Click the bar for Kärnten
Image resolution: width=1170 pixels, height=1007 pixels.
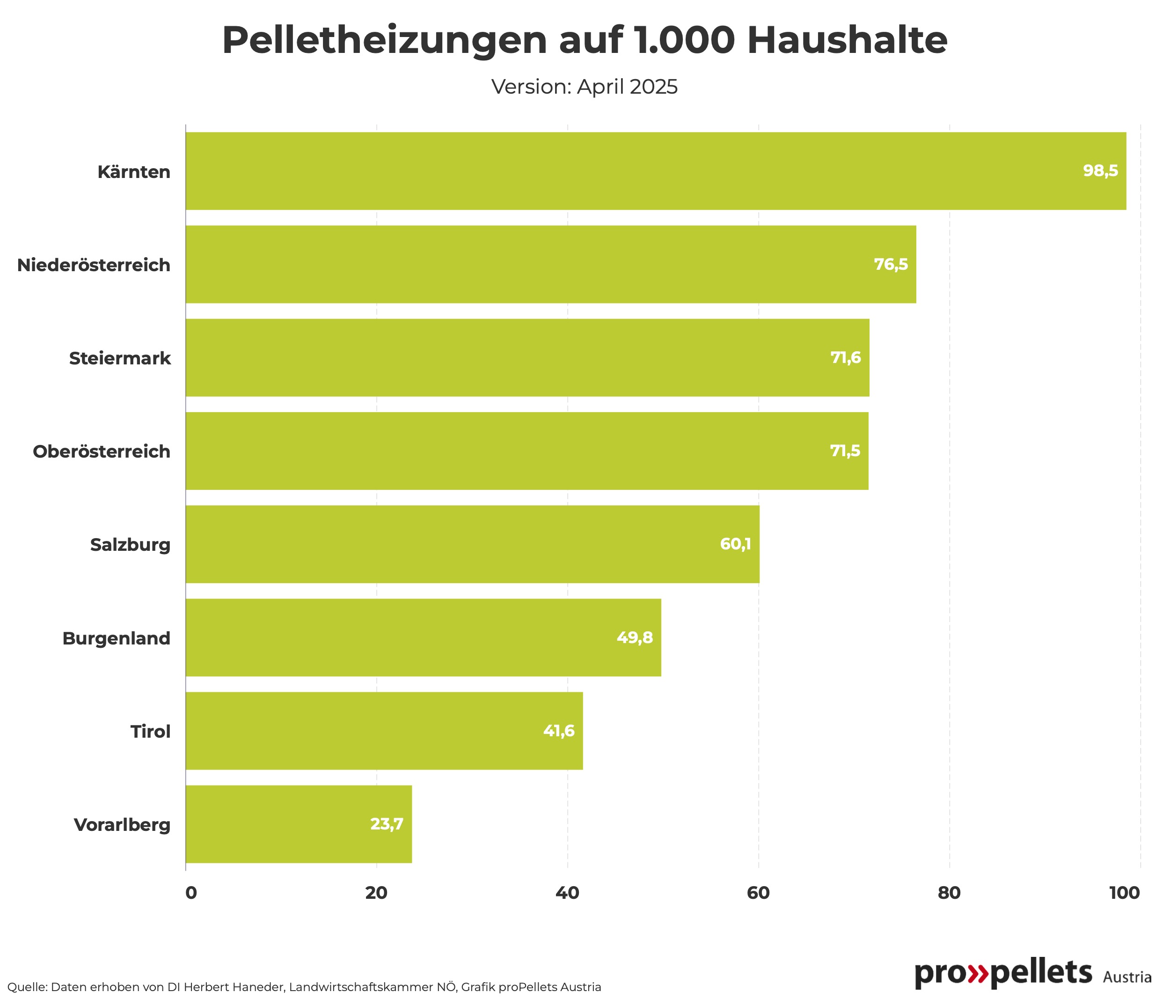tap(655, 171)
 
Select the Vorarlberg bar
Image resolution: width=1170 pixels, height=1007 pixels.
tap(299, 824)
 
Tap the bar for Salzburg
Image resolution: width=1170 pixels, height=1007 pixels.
tap(472, 544)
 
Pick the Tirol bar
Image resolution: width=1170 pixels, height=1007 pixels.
tap(384, 731)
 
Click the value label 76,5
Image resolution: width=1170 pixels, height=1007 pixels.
tap(891, 265)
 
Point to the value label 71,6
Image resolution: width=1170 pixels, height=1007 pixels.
tap(845, 358)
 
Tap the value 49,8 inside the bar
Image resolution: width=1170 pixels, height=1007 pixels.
tap(635, 637)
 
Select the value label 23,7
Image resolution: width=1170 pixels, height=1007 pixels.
tap(387, 824)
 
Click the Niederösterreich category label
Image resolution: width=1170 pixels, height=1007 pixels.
tap(94, 265)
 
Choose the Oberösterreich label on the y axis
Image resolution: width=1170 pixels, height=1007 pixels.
tap(102, 452)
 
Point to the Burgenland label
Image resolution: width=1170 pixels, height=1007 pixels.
tap(117, 638)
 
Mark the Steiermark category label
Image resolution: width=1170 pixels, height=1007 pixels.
tap(120, 358)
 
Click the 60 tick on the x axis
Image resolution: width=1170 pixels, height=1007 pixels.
tap(758, 893)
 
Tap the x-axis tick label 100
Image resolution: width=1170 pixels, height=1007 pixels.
tap(1125, 893)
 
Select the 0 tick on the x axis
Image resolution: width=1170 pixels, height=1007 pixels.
tap(191, 893)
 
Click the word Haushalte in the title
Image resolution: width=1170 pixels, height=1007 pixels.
tap(847, 41)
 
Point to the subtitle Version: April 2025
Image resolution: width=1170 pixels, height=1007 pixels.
tap(585, 87)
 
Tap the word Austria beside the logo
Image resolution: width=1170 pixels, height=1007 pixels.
tap(1126, 977)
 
